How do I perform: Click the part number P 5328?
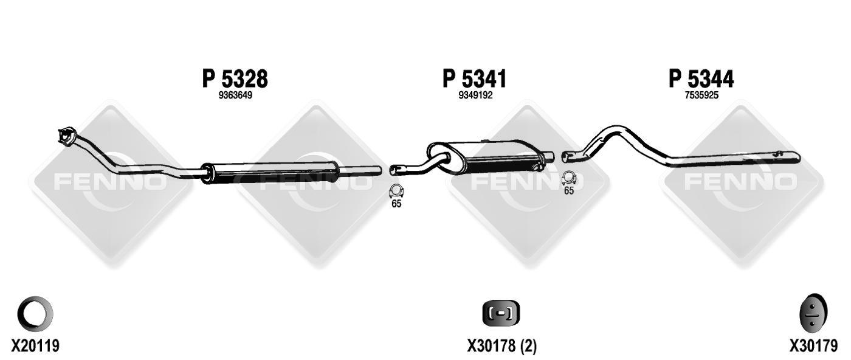235,78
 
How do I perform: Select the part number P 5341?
475,78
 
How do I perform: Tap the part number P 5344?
701,78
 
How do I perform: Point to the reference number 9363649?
235,95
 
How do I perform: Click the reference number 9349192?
475,95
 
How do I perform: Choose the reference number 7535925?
701,95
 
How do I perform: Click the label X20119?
35,346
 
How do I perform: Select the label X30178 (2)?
502,346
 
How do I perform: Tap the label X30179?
813,346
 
